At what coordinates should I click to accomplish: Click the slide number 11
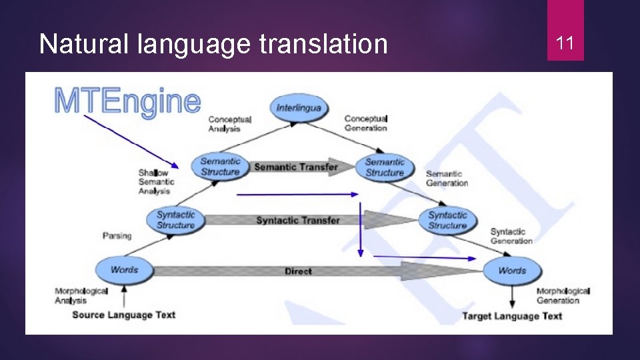(565, 44)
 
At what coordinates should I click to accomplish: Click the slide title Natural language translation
(213, 44)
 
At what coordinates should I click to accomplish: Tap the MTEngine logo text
(127, 101)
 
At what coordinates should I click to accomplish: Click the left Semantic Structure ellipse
(220, 167)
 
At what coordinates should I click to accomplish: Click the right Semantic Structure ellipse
(385, 167)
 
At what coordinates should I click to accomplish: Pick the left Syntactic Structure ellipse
(175, 220)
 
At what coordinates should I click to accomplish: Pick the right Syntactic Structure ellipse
(447, 220)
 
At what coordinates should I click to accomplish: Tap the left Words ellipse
(124, 270)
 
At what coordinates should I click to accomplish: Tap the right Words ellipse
(512, 271)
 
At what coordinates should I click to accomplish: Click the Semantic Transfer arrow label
(296, 167)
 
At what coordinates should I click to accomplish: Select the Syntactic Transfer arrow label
(297, 220)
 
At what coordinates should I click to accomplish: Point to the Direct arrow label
(298, 271)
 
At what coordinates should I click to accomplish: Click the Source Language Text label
(123, 315)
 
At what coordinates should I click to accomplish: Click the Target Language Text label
(512, 316)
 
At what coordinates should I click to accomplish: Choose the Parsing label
(117, 235)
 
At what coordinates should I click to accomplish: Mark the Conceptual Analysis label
(229, 124)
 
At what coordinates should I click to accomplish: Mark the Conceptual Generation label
(365, 123)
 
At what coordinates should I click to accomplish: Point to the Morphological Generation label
(563, 295)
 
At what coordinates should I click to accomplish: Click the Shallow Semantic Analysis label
(156, 182)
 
